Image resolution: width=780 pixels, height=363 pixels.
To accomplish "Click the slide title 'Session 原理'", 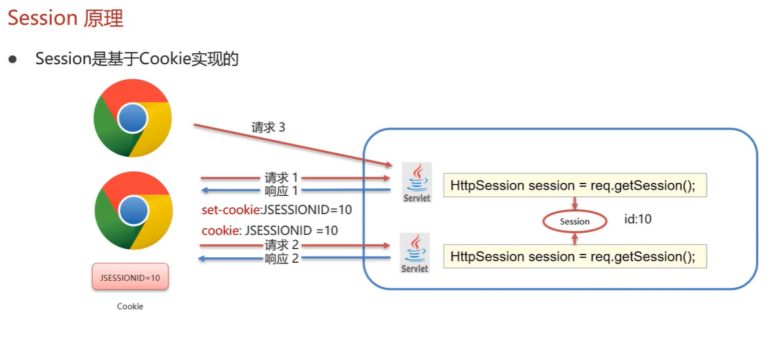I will coord(65,18).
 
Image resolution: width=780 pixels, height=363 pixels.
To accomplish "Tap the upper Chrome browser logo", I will coord(132,118).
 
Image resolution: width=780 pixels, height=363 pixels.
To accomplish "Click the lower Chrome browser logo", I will coord(132,211).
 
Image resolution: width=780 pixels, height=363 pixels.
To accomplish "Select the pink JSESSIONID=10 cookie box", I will coord(130,278).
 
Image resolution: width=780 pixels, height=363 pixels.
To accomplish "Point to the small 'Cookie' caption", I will coord(130,306).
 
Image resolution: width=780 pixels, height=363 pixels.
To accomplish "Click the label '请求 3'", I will coord(268,128).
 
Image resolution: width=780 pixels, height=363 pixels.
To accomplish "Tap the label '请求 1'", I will coord(282,177).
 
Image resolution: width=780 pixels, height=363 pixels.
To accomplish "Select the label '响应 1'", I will coord(282,190).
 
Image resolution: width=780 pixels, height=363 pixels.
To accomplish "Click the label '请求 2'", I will coord(282,245).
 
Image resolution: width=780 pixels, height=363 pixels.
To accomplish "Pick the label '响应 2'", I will coord(282,259).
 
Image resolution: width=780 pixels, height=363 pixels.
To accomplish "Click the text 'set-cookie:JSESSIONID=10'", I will coord(277,209).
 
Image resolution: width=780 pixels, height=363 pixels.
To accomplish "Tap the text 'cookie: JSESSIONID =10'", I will coord(270,230).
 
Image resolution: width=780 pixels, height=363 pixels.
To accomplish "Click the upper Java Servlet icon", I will coord(416,182).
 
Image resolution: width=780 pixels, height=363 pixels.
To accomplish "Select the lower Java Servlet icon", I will coord(415,253).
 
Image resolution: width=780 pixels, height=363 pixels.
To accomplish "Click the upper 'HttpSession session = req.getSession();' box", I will coord(574,186).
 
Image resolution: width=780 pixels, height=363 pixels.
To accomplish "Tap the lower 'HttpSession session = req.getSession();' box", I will coord(574,257).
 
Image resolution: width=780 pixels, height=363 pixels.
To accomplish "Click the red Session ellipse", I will coord(575,221).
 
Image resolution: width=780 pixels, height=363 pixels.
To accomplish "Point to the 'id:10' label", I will coord(637,220).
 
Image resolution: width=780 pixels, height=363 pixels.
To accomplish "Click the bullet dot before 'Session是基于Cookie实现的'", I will coord(12,59).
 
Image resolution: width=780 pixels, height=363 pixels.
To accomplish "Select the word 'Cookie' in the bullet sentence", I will coord(163,59).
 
